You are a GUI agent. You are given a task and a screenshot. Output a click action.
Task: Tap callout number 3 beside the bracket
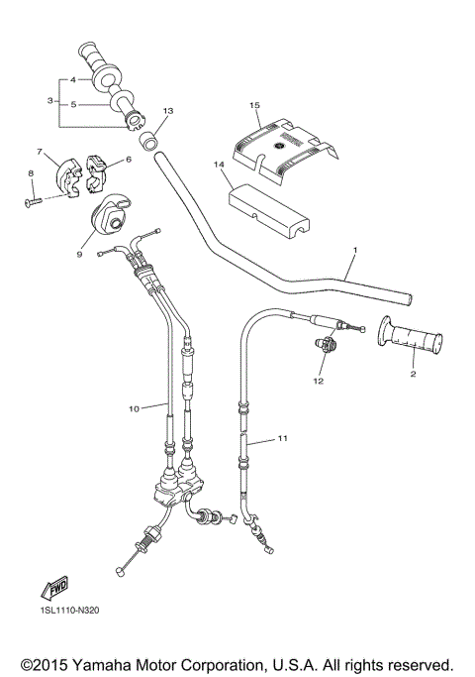pos(49,100)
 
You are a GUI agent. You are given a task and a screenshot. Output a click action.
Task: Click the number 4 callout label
pos(73,77)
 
